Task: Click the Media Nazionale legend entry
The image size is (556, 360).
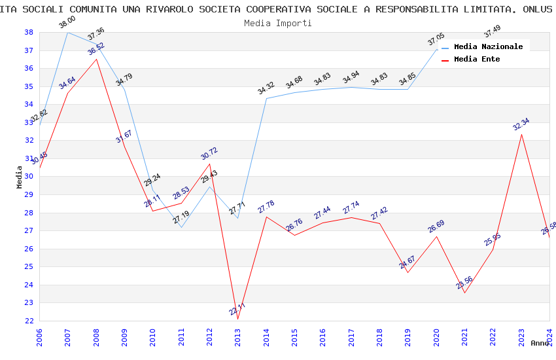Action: (x=488, y=46)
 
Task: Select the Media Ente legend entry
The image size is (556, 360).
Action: (x=477, y=59)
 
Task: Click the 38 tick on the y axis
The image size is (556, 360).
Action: (x=29, y=32)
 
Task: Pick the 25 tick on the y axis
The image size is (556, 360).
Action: (x=29, y=266)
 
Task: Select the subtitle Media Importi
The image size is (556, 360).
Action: (x=277, y=23)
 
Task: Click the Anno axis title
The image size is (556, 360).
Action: (x=540, y=343)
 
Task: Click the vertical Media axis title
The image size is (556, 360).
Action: (x=20, y=177)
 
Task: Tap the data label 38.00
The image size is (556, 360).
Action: (x=67, y=22)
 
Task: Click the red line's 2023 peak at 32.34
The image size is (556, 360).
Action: (x=521, y=134)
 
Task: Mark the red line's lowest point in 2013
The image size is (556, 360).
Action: (x=237, y=319)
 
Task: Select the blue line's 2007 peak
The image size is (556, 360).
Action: (x=68, y=32)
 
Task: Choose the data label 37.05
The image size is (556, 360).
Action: (x=436, y=41)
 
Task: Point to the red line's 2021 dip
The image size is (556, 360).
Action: (x=464, y=293)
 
